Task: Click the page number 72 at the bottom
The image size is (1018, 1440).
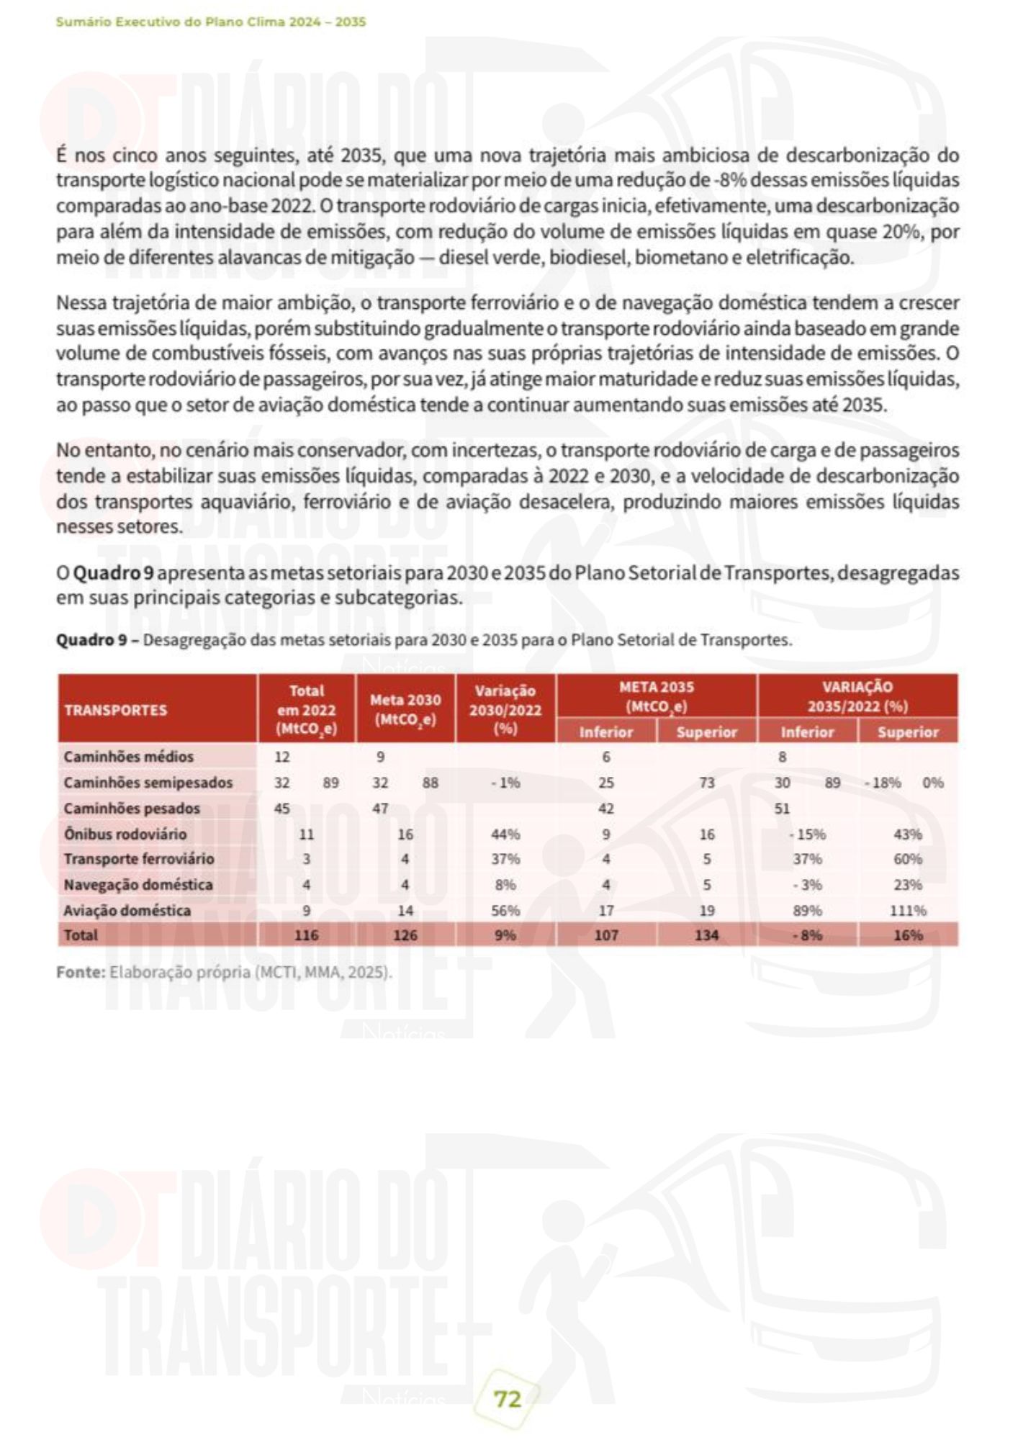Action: pos(508,1399)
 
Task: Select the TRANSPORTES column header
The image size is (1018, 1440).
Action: pos(115,710)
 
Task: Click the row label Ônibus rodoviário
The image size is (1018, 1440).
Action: pos(125,834)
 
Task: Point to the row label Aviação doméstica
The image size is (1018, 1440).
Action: pos(127,910)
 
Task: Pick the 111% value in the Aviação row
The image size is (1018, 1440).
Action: pos(908,910)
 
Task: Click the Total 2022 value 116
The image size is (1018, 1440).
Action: pos(306,935)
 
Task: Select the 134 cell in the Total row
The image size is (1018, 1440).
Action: pos(707,935)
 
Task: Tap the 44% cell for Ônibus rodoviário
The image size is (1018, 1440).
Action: pos(505,834)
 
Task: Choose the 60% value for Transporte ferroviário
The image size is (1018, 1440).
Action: pos(908,859)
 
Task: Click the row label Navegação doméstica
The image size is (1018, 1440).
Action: pos(138,884)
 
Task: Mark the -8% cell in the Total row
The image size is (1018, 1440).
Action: pos(807,935)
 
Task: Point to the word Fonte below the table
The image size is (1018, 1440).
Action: pos(81,972)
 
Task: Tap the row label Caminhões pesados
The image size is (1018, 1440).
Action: pos(132,808)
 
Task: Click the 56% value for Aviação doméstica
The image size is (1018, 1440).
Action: pos(505,910)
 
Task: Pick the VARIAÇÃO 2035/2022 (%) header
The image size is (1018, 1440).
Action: pos(857,696)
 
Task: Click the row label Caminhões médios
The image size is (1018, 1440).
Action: pos(128,757)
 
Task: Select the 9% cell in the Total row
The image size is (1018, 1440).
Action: pos(505,935)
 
